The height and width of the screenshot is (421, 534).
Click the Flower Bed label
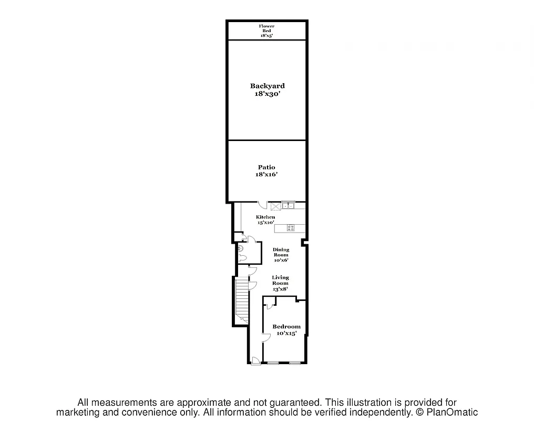266,31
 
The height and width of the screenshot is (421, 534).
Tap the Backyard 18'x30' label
267,89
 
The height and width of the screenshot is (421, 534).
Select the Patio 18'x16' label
266,171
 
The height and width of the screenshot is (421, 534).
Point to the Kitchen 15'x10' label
265,220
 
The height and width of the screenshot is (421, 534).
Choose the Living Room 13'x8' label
280,283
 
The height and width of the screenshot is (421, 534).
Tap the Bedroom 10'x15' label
286,329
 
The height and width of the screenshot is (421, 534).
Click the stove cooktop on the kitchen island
291,227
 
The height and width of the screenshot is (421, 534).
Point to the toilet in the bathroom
242,258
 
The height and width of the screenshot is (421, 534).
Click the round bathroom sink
240,248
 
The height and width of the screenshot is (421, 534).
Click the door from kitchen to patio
262,205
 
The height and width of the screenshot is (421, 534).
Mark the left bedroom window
273,363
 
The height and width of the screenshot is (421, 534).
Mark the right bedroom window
295,363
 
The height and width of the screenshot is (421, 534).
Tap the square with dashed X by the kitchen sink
275,206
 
